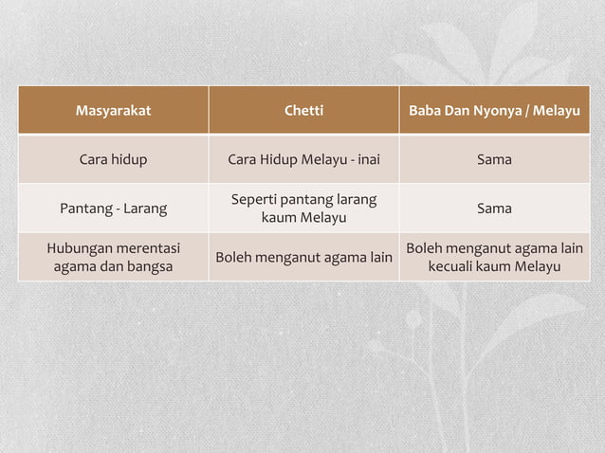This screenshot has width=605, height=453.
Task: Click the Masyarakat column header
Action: [113, 111]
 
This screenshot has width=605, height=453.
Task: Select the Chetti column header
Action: [303, 111]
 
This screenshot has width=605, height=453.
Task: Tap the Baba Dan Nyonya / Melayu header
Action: [494, 111]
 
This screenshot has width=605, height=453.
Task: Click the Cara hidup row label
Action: [113, 159]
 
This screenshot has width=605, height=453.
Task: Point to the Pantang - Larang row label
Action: [113, 208]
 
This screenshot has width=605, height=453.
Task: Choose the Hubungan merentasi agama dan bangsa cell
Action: [113, 257]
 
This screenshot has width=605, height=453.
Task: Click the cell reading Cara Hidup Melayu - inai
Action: [303, 159]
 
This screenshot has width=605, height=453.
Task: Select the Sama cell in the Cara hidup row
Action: [494, 159]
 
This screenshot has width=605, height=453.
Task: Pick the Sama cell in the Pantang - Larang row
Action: [494, 208]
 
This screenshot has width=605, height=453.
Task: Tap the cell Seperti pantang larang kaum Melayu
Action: [303, 208]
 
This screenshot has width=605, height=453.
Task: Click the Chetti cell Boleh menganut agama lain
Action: [303, 257]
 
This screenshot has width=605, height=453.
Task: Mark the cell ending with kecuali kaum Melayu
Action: [494, 257]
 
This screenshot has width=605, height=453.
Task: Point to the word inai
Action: [366, 159]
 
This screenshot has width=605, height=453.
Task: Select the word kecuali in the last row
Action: [453, 266]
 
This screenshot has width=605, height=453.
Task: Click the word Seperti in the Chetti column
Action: [256, 200]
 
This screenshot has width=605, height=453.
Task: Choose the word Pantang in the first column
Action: [85, 208]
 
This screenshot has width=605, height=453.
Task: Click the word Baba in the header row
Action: [425, 111]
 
